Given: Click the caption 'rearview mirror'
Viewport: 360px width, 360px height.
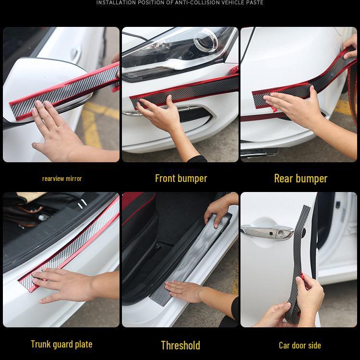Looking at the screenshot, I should click(62, 179).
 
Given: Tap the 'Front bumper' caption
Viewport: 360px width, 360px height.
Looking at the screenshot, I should click(181, 179).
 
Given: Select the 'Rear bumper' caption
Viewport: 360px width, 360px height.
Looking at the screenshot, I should click(300, 179).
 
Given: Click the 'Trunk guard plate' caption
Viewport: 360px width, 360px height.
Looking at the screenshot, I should click(61, 344).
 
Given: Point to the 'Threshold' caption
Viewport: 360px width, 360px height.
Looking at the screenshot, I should click(180, 345).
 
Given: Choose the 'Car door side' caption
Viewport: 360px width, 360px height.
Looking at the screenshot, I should click(300, 345).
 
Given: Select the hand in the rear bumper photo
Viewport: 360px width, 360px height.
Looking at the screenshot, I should click(293, 108).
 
